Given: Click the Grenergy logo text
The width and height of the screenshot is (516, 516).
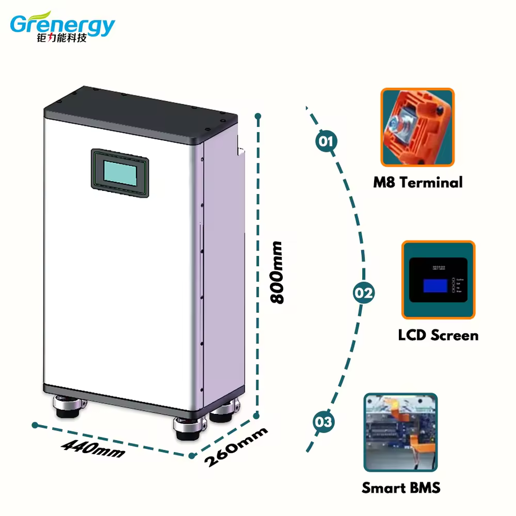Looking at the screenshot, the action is coord(62,24).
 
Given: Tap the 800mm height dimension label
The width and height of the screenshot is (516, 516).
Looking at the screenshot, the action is coord(277,273).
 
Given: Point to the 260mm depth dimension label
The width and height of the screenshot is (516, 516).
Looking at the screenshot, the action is coord(236,447).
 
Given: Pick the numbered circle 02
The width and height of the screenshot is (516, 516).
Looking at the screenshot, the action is coord(363,293).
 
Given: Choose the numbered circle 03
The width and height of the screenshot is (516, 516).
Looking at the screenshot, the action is coord(324,422).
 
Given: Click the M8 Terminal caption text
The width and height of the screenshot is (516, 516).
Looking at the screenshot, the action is coord(418,182).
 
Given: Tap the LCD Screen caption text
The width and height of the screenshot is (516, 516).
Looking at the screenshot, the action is coord(438,335).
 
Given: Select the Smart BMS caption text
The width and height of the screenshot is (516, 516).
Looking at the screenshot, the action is coord(401,488).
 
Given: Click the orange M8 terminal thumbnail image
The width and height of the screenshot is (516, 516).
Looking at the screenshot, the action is coord(418,127).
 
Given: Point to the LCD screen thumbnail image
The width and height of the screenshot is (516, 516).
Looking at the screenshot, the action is coord(439,280).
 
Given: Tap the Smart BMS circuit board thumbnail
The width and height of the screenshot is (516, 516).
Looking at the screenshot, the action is coord(400,432).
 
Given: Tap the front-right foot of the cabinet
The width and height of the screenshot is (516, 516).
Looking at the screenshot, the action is coord(190,426).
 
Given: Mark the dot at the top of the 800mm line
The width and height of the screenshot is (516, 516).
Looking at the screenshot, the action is coord(258,116).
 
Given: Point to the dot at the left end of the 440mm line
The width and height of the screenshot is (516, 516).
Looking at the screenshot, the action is coord(35,425).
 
